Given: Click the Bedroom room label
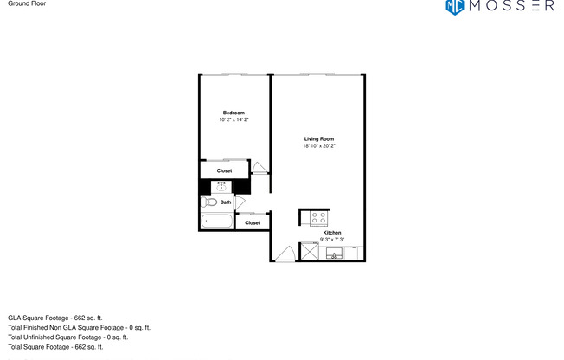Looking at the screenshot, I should [x=234, y=113].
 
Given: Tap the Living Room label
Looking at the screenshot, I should [x=318, y=139].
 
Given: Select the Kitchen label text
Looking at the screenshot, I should [x=332, y=233].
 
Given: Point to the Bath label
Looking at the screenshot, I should [x=226, y=202].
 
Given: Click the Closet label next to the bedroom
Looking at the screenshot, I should [x=224, y=170].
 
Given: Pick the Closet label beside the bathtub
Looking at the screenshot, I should [x=252, y=222].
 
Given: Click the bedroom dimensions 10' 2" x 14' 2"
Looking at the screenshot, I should [x=234, y=120].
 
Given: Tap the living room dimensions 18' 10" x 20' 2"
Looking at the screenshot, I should [x=318, y=146].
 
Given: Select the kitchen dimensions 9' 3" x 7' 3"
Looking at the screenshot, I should [x=332, y=239].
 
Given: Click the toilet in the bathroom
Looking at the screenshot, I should [x=208, y=202].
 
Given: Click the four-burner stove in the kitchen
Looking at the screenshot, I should [x=318, y=218].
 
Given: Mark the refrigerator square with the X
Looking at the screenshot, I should [x=307, y=253].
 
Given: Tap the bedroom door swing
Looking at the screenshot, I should [x=260, y=168].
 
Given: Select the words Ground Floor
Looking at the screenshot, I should [x=26, y=4].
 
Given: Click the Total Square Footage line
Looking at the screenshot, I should [x=55, y=346].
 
